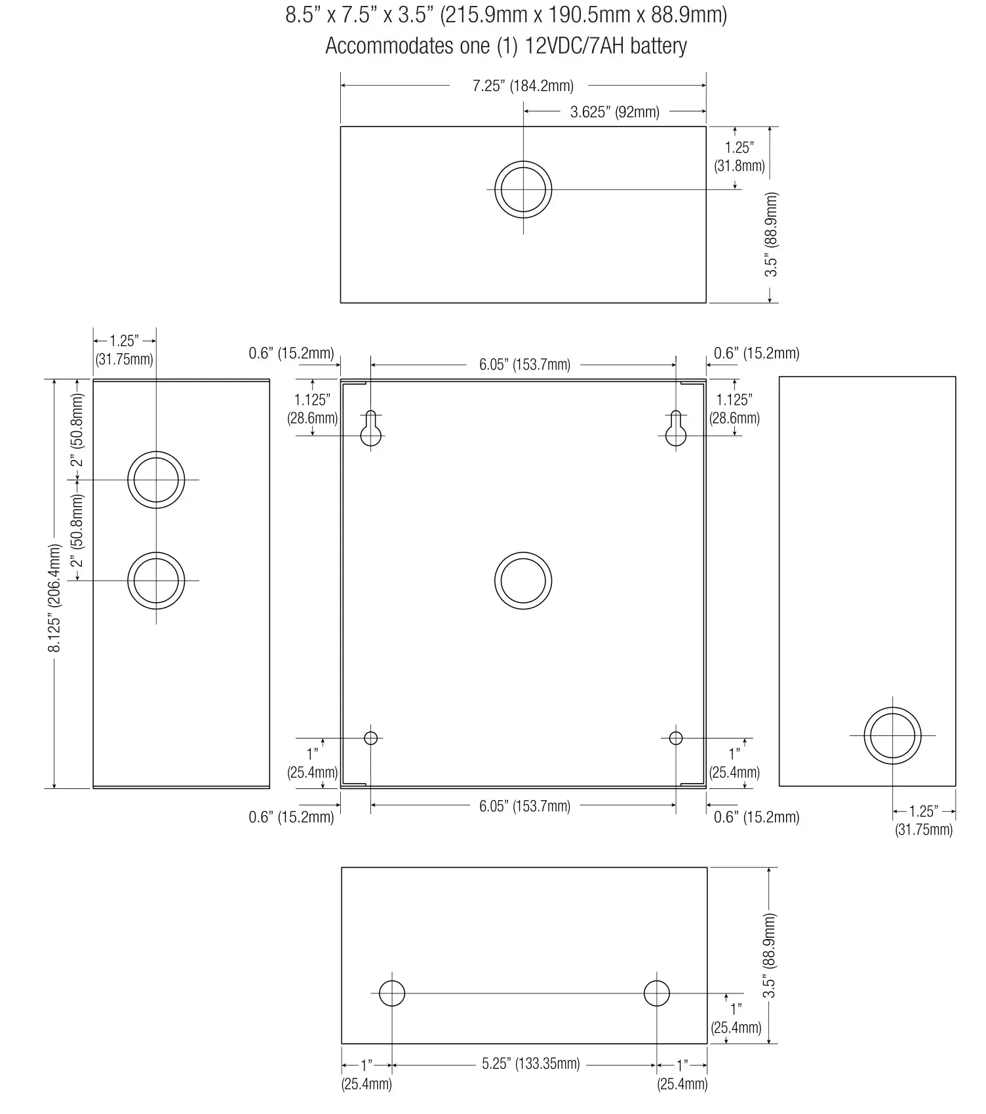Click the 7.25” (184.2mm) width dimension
pos(523,86)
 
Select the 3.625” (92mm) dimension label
pos(614,112)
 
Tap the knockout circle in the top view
pos(523,189)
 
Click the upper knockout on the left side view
pos(156,480)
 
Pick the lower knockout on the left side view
pos(156,581)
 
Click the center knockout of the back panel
pos(523,581)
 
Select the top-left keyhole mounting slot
pos(371,429)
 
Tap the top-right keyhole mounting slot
pos(676,429)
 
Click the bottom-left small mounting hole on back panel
pos(371,738)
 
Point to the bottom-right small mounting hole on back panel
pos(676,739)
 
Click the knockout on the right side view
pos(892,735)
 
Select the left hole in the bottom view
pos(392,993)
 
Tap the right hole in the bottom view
pos(656,993)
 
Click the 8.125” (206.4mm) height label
pos(56,598)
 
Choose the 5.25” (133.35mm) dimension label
pos(530,1064)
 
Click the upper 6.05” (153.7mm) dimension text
pos(524,365)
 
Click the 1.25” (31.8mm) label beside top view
pos(739,157)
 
